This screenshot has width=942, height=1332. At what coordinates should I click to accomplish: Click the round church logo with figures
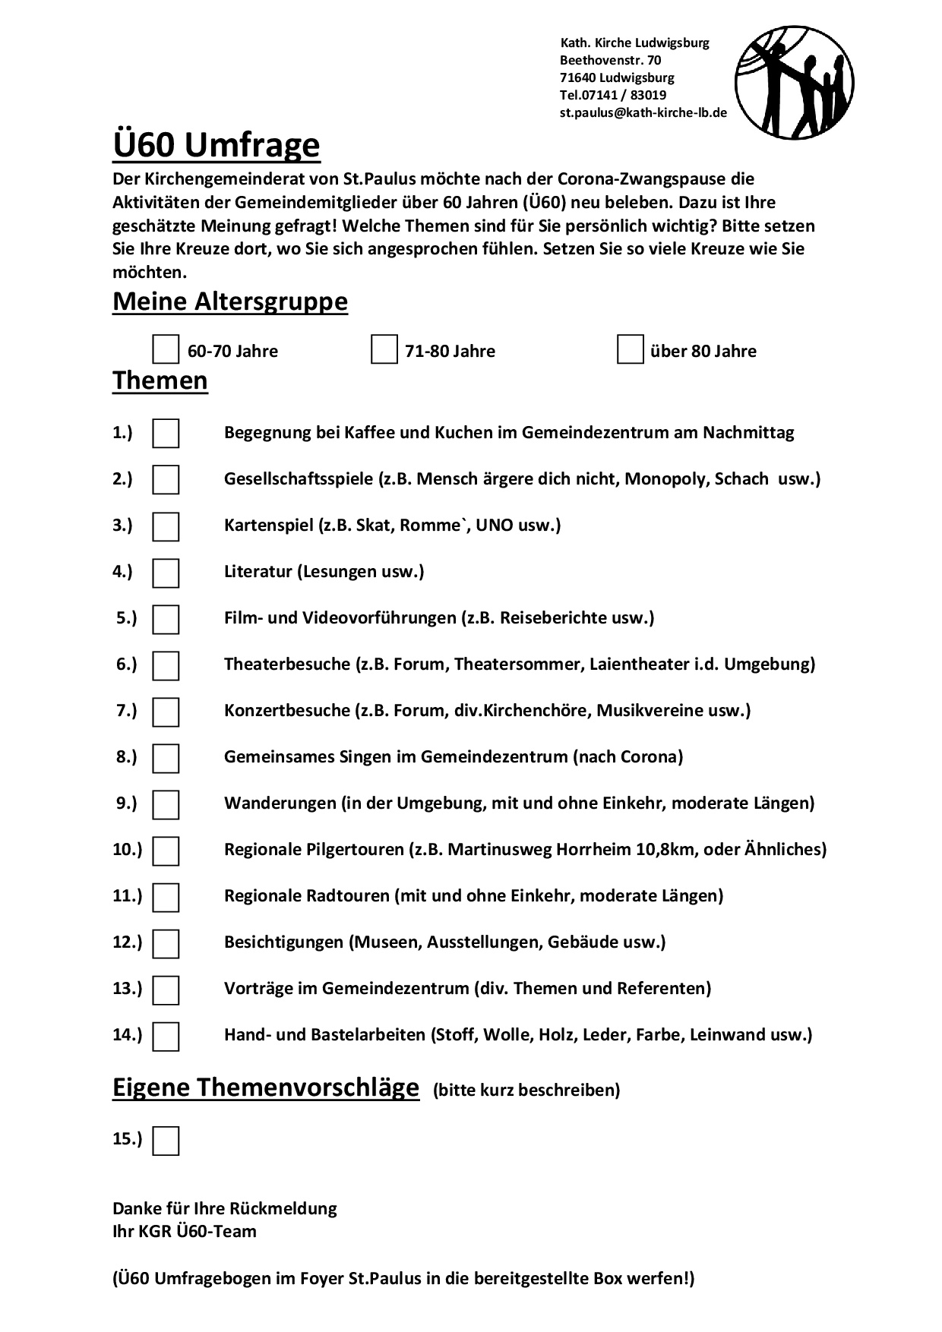point(795,83)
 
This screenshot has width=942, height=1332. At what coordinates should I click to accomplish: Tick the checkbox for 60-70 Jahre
point(166,350)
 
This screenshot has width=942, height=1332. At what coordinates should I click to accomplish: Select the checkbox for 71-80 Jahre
point(384,350)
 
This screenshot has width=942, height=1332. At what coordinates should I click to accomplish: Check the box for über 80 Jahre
point(630,350)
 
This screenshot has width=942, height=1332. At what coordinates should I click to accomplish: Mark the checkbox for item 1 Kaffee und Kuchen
point(166,434)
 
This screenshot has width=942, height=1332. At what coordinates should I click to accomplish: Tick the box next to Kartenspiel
point(166,526)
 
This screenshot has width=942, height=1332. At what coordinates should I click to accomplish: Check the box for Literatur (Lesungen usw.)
point(166,573)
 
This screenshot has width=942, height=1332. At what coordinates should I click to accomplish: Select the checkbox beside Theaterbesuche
point(166,665)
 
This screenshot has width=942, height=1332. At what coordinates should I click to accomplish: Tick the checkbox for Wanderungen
point(166,804)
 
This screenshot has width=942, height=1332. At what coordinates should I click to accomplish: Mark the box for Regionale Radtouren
point(166,897)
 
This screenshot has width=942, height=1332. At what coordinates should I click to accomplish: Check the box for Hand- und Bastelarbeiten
point(166,1036)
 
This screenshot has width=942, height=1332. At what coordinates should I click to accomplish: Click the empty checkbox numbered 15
point(166,1141)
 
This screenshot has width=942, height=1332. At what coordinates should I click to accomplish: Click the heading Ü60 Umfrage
point(217,144)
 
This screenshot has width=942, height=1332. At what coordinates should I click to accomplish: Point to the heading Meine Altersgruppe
point(230,301)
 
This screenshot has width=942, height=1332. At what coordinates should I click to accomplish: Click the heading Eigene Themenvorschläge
point(266,1087)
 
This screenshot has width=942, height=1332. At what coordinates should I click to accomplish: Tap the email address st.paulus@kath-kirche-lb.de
point(643,112)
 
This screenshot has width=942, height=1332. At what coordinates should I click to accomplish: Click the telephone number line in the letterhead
point(612,95)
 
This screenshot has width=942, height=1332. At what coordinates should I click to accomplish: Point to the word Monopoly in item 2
point(665,479)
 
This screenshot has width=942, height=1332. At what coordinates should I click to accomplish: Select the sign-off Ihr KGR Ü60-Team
point(185,1231)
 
